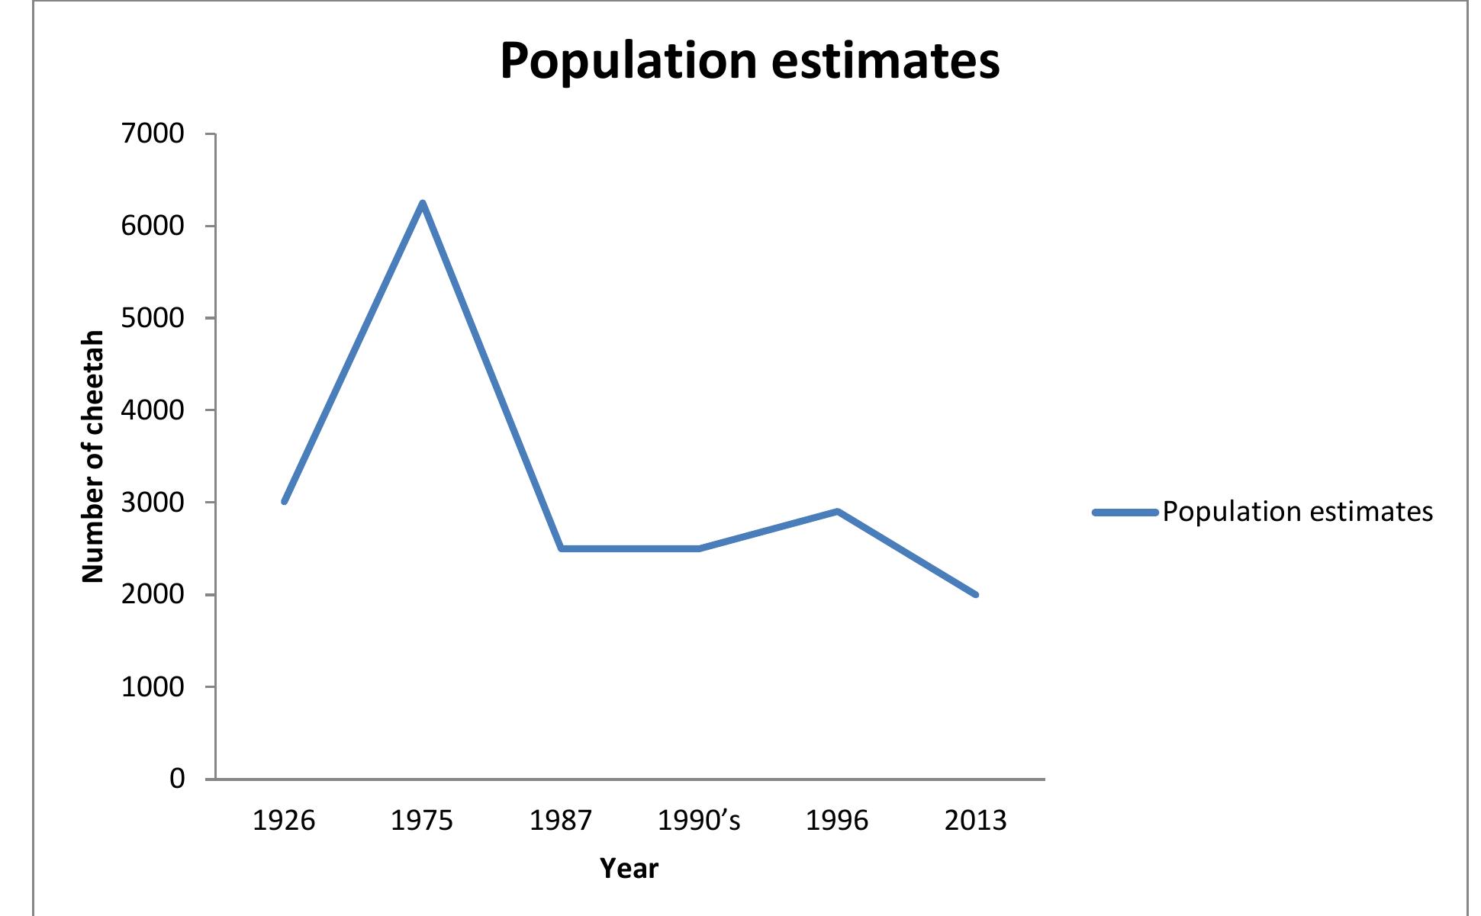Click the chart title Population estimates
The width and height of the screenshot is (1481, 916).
pos(749,61)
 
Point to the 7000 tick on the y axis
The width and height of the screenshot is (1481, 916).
pos(153,134)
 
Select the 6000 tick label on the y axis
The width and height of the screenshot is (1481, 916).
pos(153,227)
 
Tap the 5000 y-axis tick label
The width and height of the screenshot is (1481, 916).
pos(153,318)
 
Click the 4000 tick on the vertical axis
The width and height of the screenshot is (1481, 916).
pos(153,410)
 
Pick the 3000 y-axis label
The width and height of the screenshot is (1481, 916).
pos(153,503)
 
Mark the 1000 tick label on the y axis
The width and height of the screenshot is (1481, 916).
pos(153,687)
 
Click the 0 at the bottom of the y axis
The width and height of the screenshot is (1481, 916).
pos(177,779)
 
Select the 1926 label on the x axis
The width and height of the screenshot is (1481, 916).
pos(284,821)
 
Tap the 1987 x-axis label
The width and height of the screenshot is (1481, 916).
pos(561,821)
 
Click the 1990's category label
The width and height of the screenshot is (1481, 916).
pos(699,821)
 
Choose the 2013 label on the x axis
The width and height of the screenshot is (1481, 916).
pos(975,821)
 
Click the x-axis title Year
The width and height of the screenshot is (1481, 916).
pos(629,869)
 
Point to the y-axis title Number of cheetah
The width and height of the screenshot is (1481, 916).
pos(92,456)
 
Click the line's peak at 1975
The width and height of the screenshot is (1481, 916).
pos(422,203)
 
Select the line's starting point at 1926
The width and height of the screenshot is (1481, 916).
pos(285,502)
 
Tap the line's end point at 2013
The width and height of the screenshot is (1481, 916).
pos(975,594)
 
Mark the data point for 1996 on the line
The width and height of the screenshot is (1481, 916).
pos(838,511)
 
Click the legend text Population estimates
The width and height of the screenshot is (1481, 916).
pos(1297,512)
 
